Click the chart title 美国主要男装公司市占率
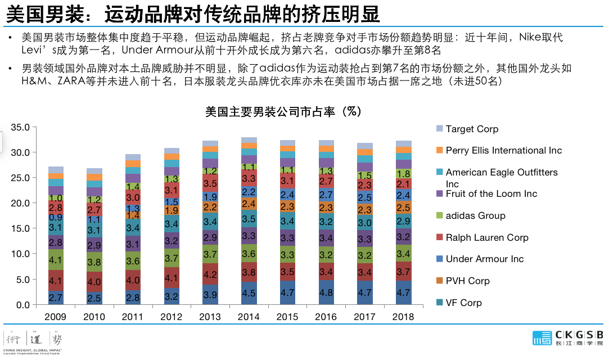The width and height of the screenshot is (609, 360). (x=283, y=111)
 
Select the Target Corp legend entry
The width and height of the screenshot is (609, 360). (x=472, y=129)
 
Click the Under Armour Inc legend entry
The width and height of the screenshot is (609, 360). (x=484, y=259)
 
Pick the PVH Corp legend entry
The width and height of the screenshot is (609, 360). (x=467, y=281)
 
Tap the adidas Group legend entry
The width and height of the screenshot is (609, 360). (x=475, y=215)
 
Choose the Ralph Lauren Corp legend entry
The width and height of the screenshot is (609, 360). (x=487, y=237)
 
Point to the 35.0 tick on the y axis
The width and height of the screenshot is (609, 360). (x=20, y=127)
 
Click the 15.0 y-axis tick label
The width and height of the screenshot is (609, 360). (x=20, y=229)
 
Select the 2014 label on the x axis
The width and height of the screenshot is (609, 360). (x=249, y=317)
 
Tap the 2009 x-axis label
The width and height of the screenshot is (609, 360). (x=56, y=317)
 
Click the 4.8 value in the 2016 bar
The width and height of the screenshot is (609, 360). (x=326, y=292)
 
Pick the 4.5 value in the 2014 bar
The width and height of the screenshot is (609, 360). (x=249, y=293)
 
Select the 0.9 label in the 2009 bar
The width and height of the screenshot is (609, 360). (x=56, y=217)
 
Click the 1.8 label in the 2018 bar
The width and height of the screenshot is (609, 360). (x=403, y=174)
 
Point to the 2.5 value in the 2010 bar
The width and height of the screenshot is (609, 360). (x=94, y=298)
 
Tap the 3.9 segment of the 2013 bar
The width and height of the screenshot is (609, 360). (x=210, y=295)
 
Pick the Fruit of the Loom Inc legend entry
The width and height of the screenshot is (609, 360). (x=491, y=193)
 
